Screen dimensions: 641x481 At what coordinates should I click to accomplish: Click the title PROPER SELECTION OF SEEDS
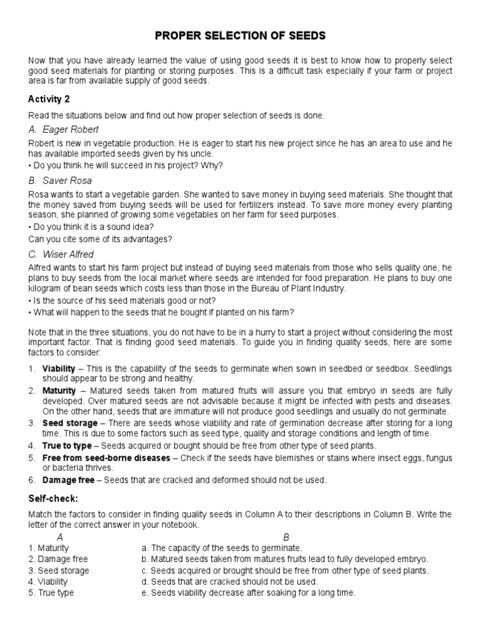pyautogui.click(x=240, y=36)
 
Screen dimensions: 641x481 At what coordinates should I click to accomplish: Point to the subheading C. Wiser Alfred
pyautogui.click(x=61, y=254)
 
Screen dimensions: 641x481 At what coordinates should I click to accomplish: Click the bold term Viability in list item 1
pyautogui.click(x=59, y=368)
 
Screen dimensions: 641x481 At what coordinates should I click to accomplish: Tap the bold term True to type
pyautogui.click(x=66, y=446)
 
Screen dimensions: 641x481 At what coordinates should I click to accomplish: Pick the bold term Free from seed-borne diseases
pyautogui.click(x=106, y=458)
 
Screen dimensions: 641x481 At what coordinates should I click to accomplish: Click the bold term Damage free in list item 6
pyautogui.click(x=68, y=480)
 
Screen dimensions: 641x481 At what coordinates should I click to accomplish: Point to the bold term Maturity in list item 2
pyautogui.click(x=59, y=391)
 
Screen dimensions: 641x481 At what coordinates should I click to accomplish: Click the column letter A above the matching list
pyautogui.click(x=59, y=536)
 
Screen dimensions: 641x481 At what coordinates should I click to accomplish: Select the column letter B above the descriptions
pyautogui.click(x=286, y=536)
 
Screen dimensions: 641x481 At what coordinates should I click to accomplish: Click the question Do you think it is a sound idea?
pyautogui.click(x=93, y=227)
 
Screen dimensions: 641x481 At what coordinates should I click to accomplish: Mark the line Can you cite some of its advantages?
pyautogui.click(x=100, y=238)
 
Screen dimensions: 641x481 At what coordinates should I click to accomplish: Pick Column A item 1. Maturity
pyautogui.click(x=48, y=548)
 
